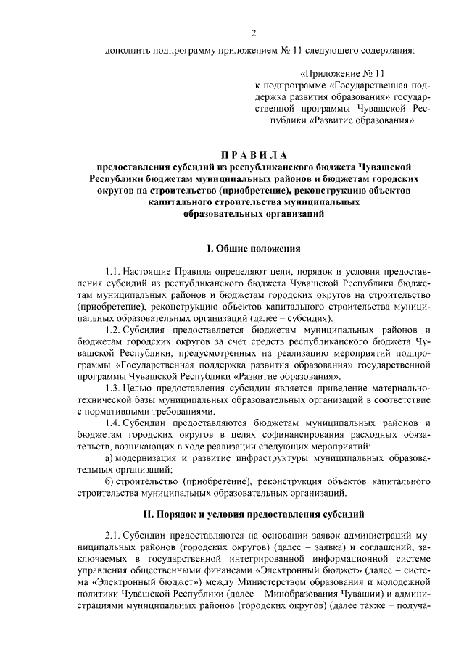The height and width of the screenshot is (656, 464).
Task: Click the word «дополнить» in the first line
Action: coord(128,51)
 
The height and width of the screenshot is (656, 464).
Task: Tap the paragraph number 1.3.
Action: coord(112,388)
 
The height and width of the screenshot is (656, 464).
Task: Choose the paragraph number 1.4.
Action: coord(112,423)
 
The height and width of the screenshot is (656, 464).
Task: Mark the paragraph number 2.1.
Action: coord(112,534)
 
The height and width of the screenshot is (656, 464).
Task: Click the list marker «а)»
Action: coord(109,458)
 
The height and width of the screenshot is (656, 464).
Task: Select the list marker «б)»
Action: coord(109,481)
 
